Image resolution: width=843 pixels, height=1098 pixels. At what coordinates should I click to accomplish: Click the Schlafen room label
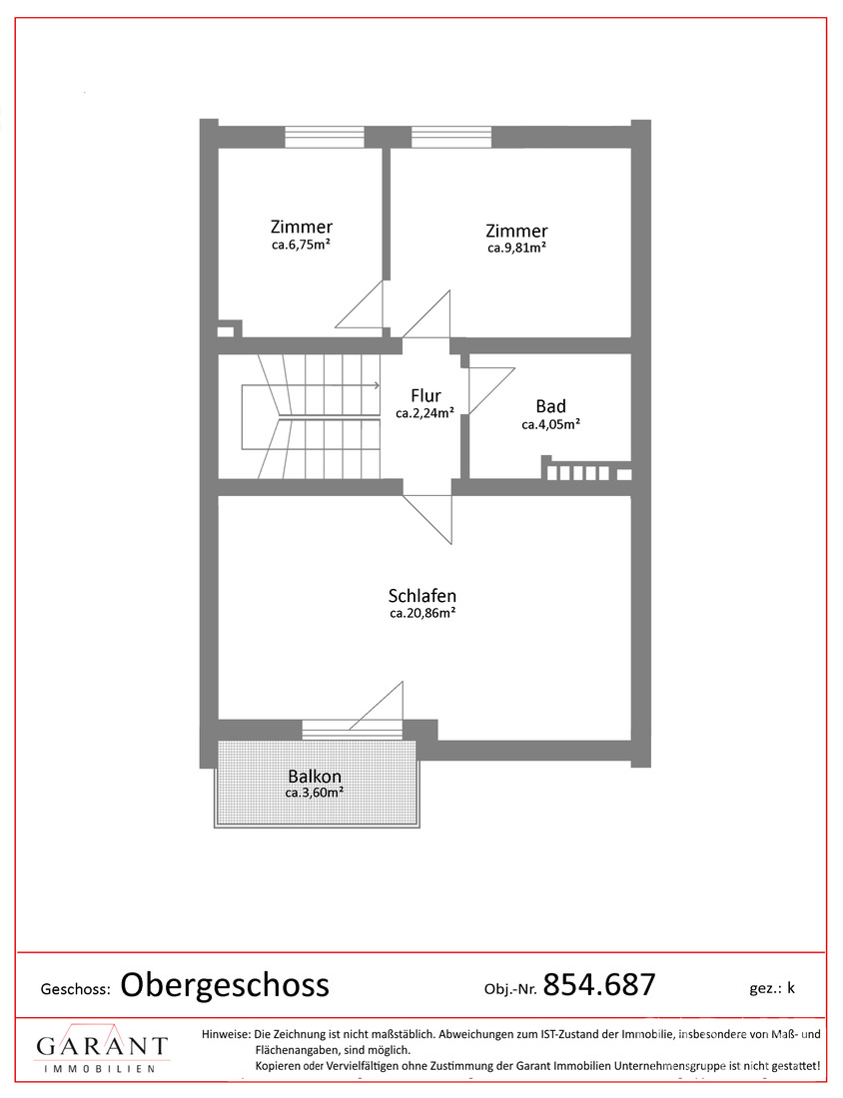(421, 596)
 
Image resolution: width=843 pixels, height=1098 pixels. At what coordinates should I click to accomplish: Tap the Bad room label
(550, 406)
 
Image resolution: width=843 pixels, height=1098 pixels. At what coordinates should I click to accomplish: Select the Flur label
(425, 395)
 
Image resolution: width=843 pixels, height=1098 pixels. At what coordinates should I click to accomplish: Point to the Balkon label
(315, 777)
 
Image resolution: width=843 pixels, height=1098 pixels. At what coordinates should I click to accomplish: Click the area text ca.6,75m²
(302, 246)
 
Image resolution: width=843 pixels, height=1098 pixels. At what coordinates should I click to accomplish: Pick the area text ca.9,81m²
(517, 248)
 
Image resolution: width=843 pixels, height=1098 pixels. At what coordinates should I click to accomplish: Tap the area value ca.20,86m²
(422, 614)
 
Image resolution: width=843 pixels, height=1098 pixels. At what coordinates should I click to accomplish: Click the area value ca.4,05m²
(550, 424)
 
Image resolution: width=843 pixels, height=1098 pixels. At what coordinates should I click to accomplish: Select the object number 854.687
(599, 984)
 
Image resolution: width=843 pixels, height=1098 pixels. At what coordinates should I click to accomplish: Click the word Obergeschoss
(225, 986)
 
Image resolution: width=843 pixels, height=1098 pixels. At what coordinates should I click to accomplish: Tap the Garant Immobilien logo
(102, 1048)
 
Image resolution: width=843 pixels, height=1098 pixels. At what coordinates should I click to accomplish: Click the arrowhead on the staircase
(377, 385)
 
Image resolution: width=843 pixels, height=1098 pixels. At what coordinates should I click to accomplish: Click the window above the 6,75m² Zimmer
(325, 137)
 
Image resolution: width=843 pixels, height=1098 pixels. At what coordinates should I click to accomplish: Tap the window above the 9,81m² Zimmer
(451, 137)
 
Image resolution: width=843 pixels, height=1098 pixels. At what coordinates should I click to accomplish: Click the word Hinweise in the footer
(226, 1033)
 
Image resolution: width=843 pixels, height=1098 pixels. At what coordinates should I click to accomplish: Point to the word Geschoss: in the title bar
(76, 989)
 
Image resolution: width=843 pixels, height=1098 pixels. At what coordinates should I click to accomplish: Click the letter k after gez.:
(791, 987)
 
